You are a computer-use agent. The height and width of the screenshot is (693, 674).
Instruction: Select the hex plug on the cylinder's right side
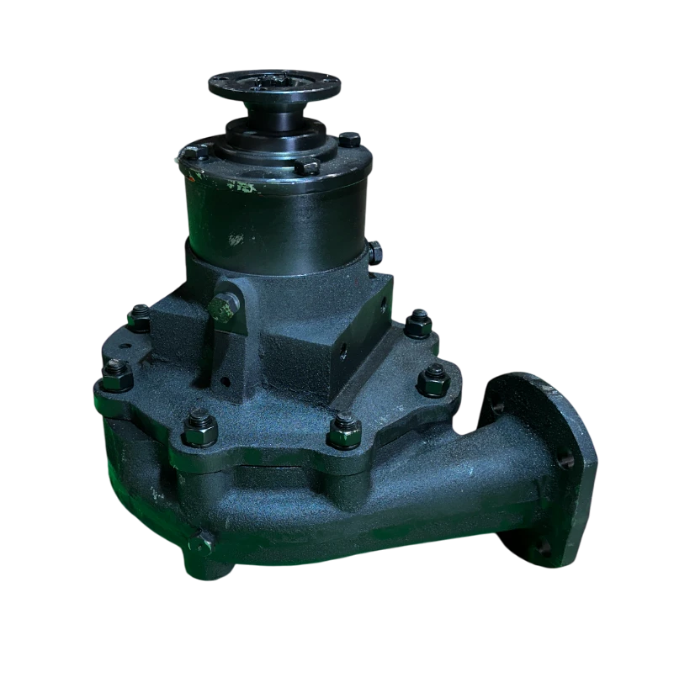point(374,251)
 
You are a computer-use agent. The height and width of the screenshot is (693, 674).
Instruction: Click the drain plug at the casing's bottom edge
point(195,544)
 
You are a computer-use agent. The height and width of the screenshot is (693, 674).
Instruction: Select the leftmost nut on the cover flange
point(116,375)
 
